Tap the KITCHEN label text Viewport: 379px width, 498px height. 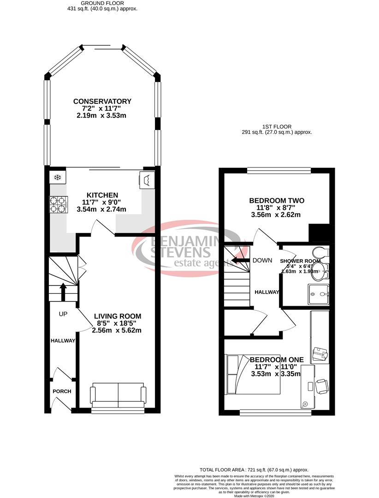click(x=102, y=195)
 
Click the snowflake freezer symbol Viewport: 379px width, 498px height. click(x=58, y=178)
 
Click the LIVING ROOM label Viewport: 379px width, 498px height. click(x=118, y=316)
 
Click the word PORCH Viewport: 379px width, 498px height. click(x=62, y=391)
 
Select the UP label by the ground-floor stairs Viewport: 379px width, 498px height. click(x=63, y=314)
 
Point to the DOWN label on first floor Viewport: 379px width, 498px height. click(x=262, y=261)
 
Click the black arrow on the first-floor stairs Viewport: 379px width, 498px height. click(x=238, y=261)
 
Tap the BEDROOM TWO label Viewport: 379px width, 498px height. click(x=277, y=201)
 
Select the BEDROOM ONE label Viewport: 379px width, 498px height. click(x=277, y=360)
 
